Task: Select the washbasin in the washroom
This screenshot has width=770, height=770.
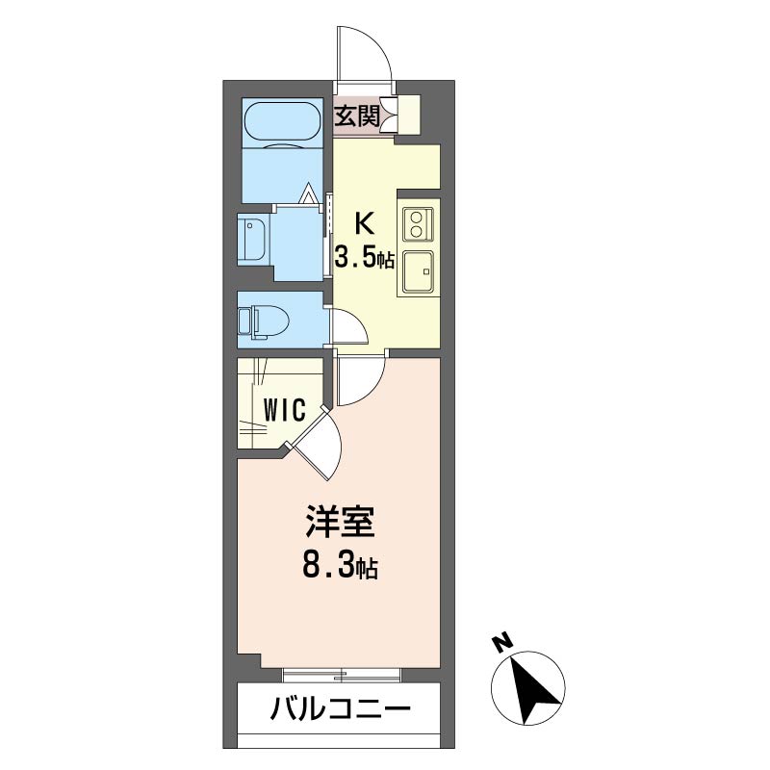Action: coord(253,238)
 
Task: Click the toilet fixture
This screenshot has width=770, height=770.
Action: coord(262,320)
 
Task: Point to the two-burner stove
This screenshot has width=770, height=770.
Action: coord(417,223)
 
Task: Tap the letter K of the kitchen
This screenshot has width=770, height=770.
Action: coord(364,223)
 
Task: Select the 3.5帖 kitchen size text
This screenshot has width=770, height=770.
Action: coord(364,258)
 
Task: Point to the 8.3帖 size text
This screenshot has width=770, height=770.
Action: coord(339,566)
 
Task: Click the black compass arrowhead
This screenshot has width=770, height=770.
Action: coord(533,686)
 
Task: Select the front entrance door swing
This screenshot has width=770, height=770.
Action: coord(364,56)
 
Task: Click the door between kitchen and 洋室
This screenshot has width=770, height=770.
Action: coord(360,377)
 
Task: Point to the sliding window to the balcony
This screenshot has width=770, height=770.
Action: coord(342,673)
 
